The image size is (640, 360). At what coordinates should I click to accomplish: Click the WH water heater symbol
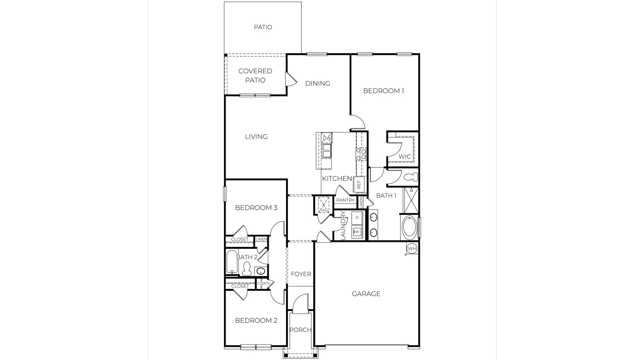point(412,249)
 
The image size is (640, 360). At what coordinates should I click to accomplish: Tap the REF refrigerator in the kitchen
point(359,184)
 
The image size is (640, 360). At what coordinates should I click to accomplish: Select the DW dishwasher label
point(327,138)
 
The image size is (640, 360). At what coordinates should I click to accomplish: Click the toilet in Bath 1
point(411,177)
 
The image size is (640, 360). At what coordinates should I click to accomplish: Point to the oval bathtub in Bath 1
point(409,228)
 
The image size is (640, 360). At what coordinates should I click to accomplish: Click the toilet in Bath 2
point(247,268)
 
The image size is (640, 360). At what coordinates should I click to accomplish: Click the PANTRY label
point(346,200)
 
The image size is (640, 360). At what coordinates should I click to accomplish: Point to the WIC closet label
point(405,156)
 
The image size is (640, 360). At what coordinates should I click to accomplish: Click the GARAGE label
point(366,294)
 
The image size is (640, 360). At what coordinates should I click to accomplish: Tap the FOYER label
point(301,274)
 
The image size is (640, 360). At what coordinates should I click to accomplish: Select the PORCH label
point(300,330)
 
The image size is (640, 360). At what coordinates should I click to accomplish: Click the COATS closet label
point(264,283)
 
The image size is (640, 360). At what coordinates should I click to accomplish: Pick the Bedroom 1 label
point(383,91)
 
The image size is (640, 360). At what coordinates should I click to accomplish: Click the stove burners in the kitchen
point(361,154)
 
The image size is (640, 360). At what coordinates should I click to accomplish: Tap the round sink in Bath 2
point(261,271)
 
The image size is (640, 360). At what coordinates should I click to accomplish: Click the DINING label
point(318,83)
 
